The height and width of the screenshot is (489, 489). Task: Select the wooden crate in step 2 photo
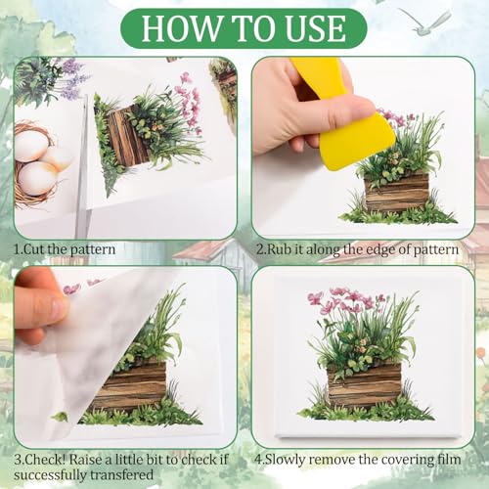[396, 193]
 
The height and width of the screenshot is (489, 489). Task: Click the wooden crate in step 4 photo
[364, 384]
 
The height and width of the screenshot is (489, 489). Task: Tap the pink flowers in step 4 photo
[345, 301]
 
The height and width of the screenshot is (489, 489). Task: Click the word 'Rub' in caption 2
[280, 249]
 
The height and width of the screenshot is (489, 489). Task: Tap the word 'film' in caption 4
[449, 460]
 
